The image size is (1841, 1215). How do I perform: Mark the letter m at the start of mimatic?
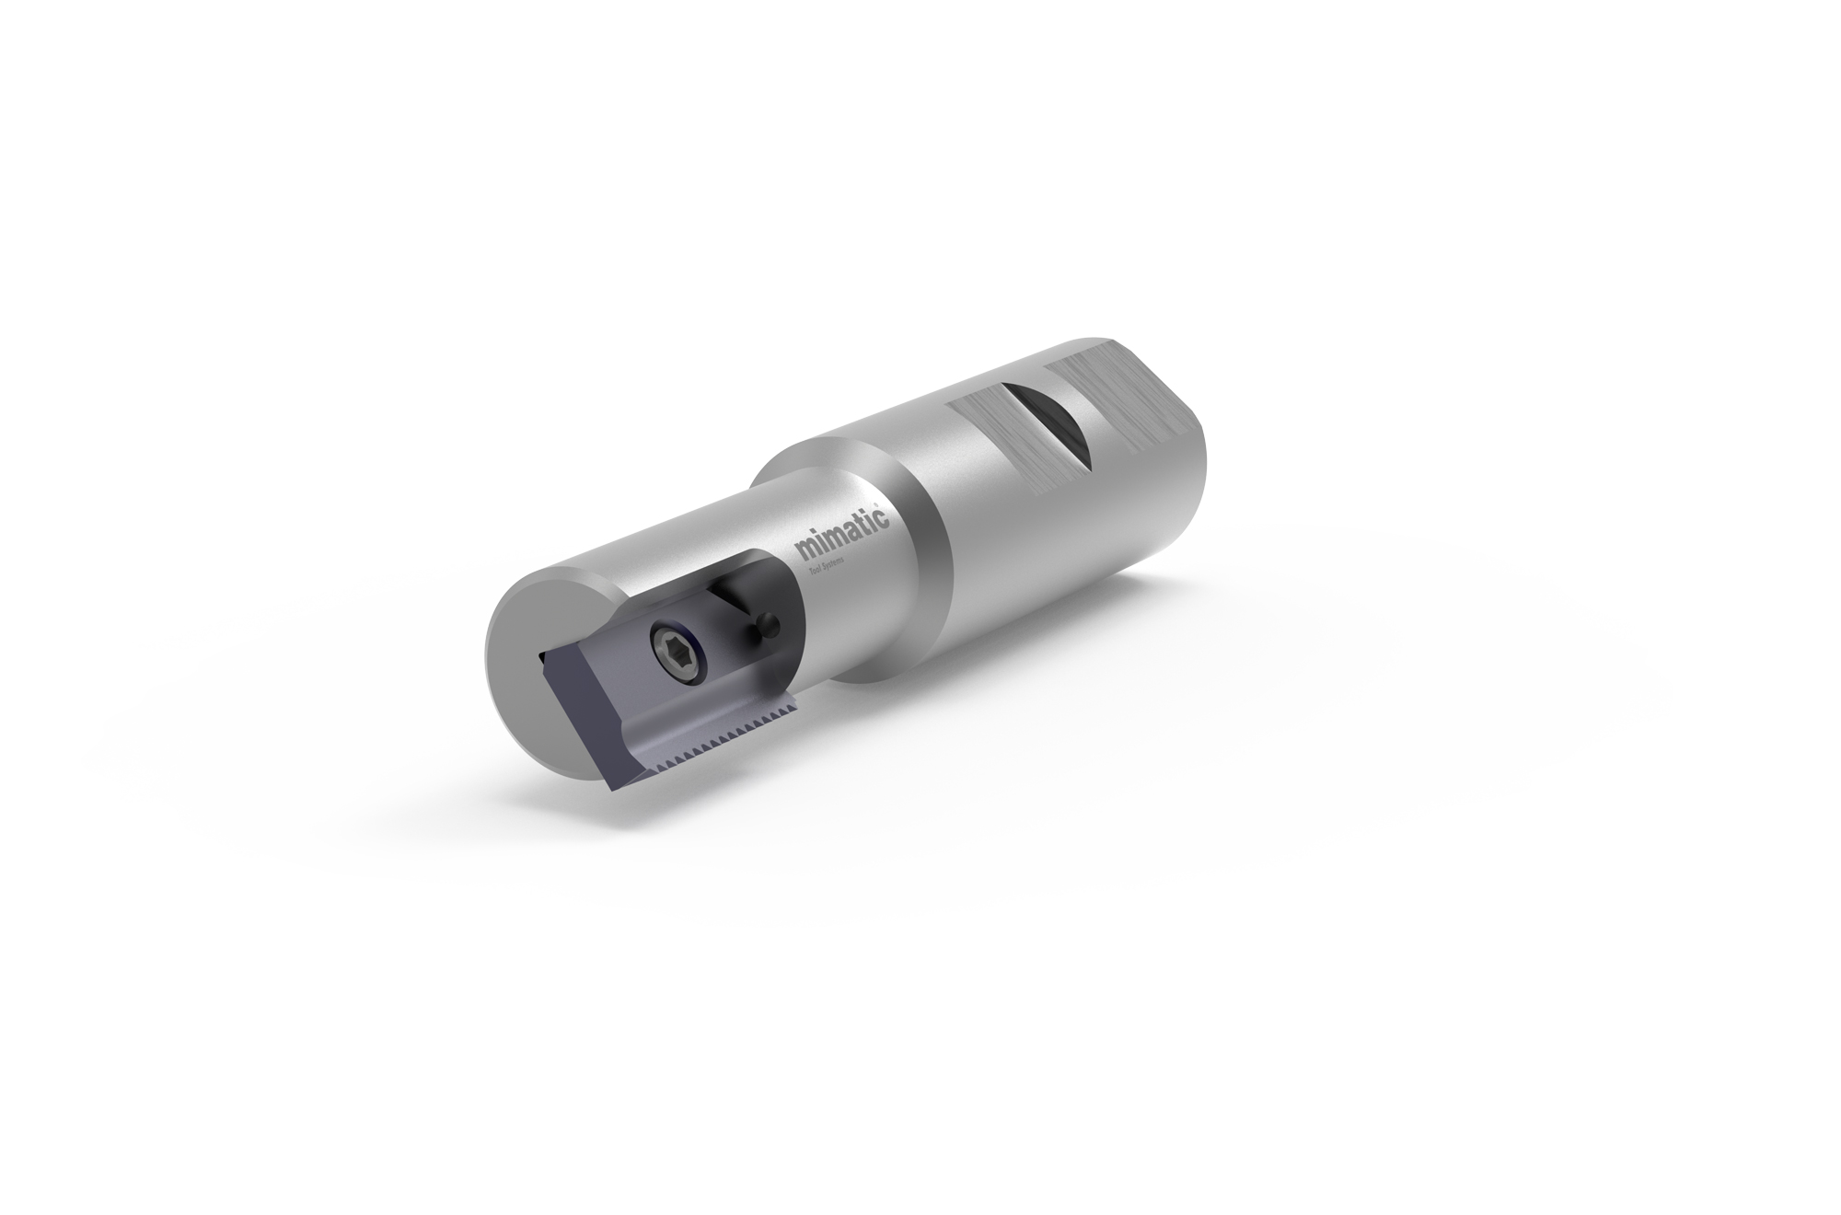[x=805, y=551]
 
